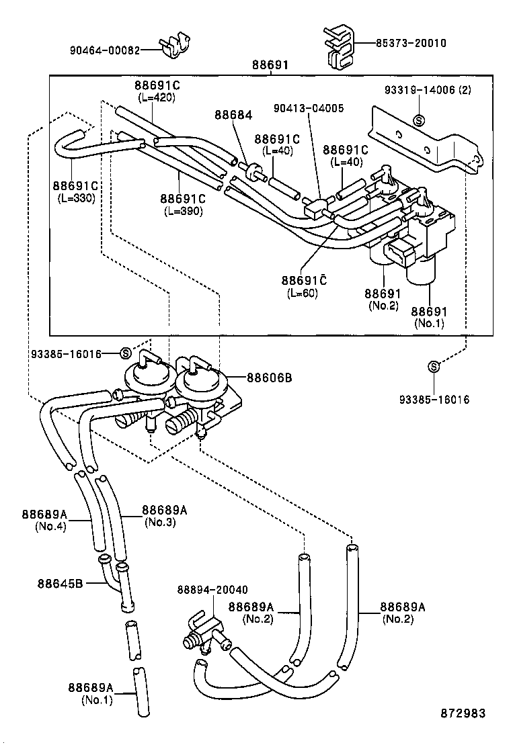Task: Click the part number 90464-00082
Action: pyautogui.click(x=105, y=50)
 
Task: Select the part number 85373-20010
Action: pyautogui.click(x=411, y=43)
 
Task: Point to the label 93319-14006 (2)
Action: pyautogui.click(x=428, y=89)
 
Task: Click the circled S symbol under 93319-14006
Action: pyautogui.click(x=419, y=121)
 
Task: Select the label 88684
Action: pyautogui.click(x=233, y=115)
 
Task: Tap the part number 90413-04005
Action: pyautogui.click(x=309, y=107)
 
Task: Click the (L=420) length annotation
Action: pyautogui.click(x=156, y=97)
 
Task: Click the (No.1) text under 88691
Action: pyautogui.click(x=429, y=323)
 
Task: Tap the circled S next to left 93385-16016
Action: pyautogui.click(x=125, y=353)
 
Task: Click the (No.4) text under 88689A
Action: pyautogui.click(x=50, y=527)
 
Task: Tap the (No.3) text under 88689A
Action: pyautogui.click(x=161, y=521)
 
